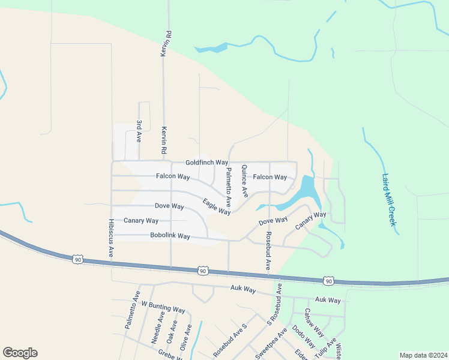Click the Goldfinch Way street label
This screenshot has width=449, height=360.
tap(206, 163)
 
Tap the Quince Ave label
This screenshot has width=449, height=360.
tap(244, 181)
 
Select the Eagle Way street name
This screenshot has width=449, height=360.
tap(216, 207)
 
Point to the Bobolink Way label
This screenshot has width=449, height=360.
tap(170, 236)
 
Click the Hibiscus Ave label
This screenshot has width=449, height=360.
tap(111, 237)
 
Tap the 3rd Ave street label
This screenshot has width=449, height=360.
tap(139, 131)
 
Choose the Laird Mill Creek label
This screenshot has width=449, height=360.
tap(390, 200)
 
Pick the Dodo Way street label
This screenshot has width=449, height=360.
tap(303, 337)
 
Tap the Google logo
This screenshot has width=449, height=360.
tap(20, 353)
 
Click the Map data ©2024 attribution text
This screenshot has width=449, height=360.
tap(423, 355)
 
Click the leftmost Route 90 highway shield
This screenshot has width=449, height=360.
tap(77, 259)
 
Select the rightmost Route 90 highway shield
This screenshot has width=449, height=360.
tap(328, 281)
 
